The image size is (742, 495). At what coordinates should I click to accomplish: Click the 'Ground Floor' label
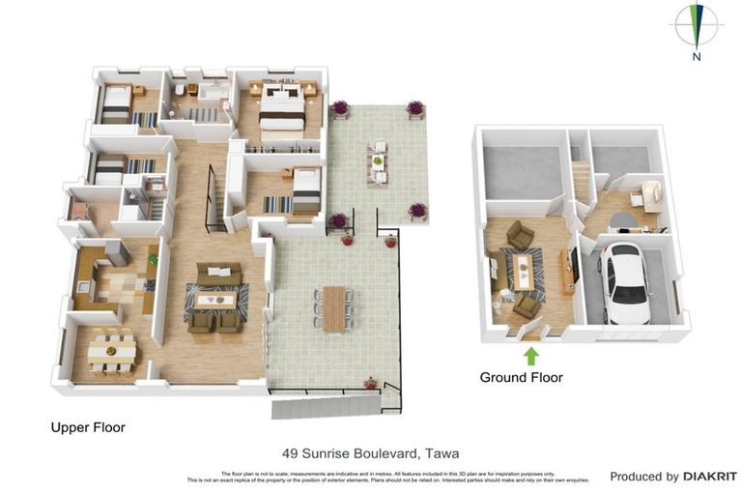(x=521, y=377)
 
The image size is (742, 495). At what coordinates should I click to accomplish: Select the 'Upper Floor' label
(x=88, y=426)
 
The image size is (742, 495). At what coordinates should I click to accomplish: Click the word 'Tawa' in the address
(x=441, y=452)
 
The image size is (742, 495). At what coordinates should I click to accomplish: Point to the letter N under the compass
(x=696, y=57)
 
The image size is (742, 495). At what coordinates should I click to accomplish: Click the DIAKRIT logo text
(x=710, y=477)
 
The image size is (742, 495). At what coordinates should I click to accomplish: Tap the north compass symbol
(x=696, y=25)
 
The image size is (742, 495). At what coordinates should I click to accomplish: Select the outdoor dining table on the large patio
(x=333, y=308)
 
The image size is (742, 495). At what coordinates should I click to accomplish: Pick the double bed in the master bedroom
(x=281, y=108)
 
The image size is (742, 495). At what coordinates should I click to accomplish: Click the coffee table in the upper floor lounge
(x=214, y=300)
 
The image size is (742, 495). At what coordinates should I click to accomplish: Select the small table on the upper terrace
(x=378, y=162)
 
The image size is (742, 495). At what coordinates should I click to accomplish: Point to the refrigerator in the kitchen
(x=117, y=252)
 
